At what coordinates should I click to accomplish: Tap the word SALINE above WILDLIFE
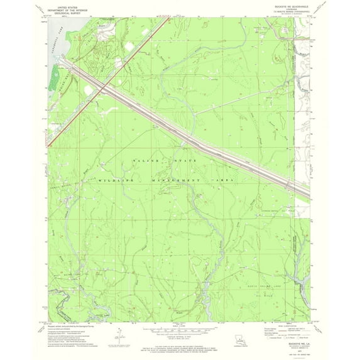[145, 162]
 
